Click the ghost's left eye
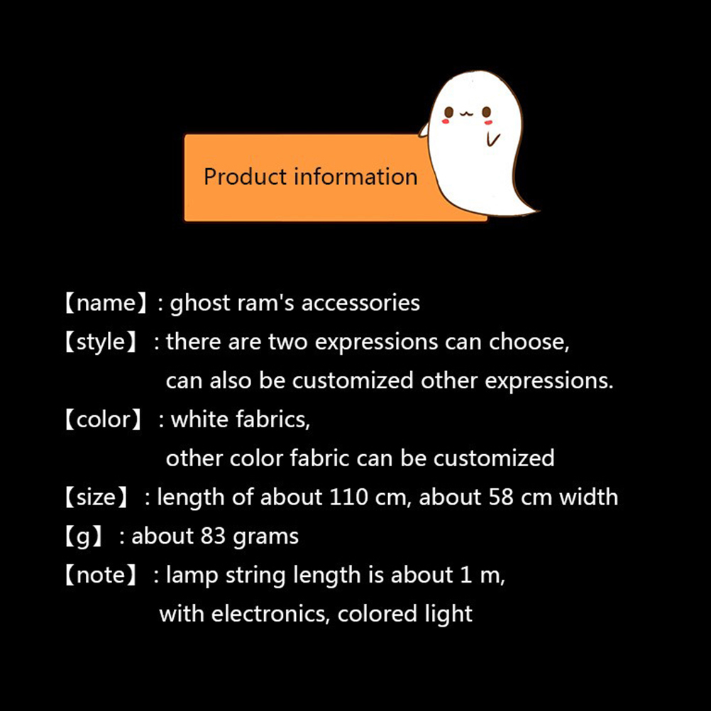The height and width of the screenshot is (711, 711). click(x=449, y=111)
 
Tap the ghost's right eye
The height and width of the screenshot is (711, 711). click(x=487, y=111)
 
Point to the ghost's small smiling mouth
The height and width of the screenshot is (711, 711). click(x=467, y=114)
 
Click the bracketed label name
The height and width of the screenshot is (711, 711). click(x=106, y=303)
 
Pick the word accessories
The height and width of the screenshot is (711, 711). click(x=360, y=304)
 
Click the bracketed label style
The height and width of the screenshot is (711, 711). click(x=100, y=342)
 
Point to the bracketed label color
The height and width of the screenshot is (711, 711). click(x=104, y=419)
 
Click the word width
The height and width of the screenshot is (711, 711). click(x=588, y=497)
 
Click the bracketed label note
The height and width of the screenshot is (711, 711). click(x=100, y=575)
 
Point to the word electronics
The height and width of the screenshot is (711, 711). click(x=270, y=614)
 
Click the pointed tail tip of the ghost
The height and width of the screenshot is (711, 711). click(x=539, y=211)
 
